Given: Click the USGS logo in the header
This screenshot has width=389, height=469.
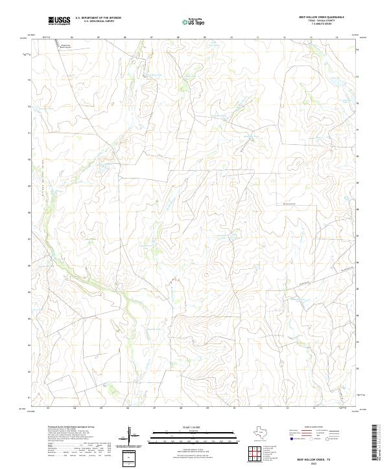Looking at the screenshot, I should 59,21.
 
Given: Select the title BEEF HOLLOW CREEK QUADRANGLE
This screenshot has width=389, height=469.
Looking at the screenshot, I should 313,17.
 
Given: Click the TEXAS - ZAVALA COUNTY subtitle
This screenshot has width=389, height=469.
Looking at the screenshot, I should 313,21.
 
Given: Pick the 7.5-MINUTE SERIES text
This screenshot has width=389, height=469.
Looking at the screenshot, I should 313,25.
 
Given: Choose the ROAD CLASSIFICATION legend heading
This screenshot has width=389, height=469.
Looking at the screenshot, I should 313,427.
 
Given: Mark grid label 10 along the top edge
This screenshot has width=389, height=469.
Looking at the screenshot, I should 231,38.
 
